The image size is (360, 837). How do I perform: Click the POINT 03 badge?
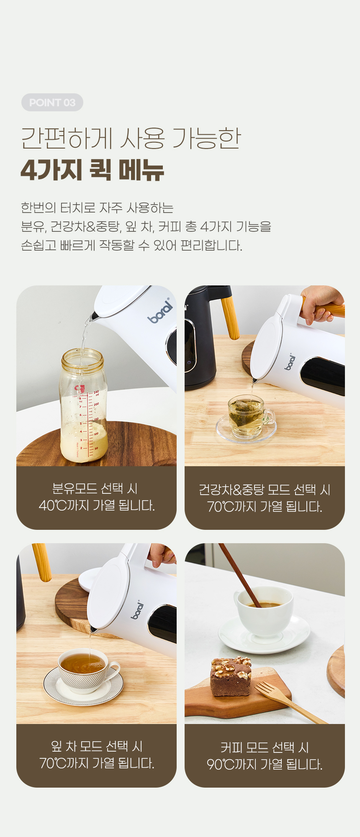pos(52,103)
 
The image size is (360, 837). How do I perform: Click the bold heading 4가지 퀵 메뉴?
pos(92,170)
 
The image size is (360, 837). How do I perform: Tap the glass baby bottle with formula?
pos(84,405)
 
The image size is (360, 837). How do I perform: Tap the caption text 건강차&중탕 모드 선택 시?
pos(265,490)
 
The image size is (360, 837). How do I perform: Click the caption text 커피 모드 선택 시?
pos(265,747)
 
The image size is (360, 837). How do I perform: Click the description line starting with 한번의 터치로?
pos(97,208)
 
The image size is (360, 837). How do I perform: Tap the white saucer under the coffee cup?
pos(264,634)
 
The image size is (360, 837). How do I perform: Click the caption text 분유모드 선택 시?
pos(95,488)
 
